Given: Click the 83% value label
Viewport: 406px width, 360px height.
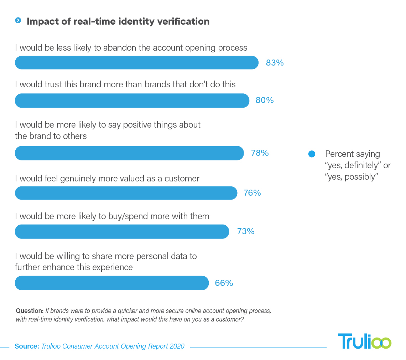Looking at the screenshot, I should (275, 63).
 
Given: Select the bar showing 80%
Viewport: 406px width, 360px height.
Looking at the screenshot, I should (132, 101).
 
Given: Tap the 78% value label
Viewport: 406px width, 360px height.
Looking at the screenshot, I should (260, 153).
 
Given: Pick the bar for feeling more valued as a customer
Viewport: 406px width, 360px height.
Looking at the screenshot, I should (126, 193).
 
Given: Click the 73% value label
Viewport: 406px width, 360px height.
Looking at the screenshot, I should (246, 231).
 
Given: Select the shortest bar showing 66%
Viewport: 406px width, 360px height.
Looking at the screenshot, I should (111, 283).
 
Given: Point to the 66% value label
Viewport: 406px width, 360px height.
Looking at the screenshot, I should (224, 283).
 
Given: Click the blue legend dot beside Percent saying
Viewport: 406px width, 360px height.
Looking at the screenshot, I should (312, 154).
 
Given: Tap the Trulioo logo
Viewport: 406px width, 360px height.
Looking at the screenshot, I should (364, 341).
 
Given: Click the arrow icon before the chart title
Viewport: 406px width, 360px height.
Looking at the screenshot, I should (18, 21).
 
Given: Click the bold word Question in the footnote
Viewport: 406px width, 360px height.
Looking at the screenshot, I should (30, 311).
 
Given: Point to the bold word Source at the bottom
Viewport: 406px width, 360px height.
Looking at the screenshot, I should (27, 346).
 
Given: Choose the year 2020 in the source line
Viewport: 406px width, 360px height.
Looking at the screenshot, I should (177, 346).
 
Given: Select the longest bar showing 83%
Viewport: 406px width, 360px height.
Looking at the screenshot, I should (136, 63).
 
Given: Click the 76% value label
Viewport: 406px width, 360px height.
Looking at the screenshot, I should (252, 193).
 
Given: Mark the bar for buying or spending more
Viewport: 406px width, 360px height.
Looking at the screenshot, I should (122, 231).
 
